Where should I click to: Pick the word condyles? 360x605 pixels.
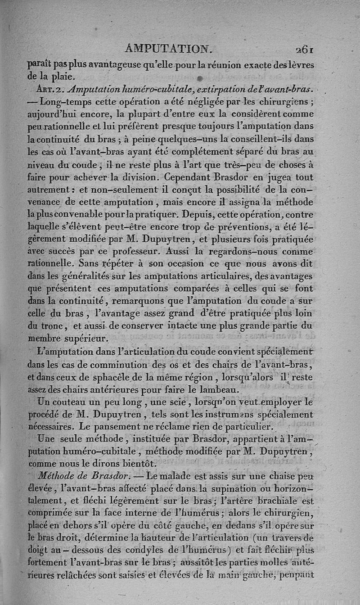coord(150,549)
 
